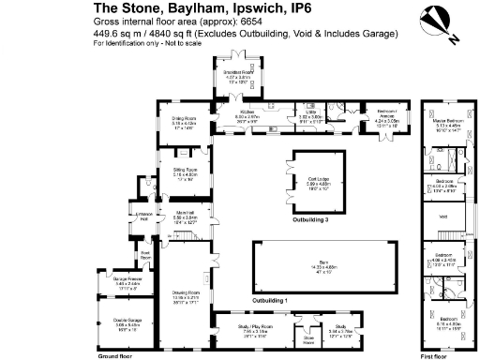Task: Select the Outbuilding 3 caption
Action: coord(312,219)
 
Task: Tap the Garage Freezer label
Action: coord(127,280)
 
